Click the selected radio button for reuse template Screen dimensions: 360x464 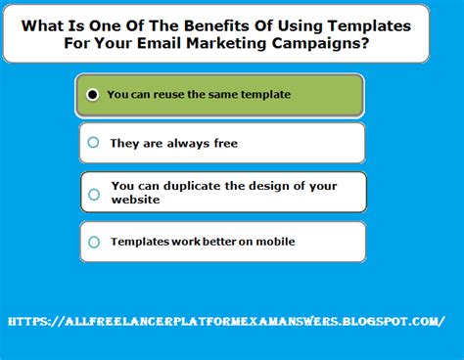click(92, 95)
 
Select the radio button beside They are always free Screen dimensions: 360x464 click(93, 143)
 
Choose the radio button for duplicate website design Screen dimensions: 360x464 click(94, 194)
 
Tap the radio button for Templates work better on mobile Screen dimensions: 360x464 click(93, 242)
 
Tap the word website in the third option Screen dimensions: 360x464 click(135, 200)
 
